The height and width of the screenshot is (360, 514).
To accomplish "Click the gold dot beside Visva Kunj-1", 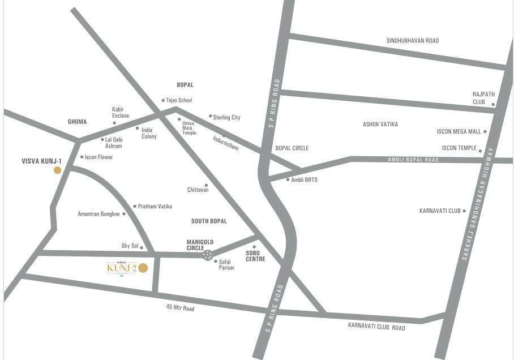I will click(x=57, y=170).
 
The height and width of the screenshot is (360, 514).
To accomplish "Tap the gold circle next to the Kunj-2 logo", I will click(x=143, y=268).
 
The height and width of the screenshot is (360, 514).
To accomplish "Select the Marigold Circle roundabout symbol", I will click(x=208, y=255).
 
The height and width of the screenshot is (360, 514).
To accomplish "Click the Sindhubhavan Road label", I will click(x=412, y=41).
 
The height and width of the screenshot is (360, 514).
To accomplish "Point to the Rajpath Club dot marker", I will click(x=493, y=104).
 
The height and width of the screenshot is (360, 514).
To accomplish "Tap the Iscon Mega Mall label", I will click(x=459, y=132).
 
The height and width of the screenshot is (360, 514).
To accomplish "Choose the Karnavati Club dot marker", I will click(x=464, y=211).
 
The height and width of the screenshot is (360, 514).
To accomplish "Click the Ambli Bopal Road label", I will click(x=413, y=160).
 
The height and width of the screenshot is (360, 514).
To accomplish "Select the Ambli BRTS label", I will click(x=304, y=180).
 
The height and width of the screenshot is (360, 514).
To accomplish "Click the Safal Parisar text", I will click(x=226, y=264).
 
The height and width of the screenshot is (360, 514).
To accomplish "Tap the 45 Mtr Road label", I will click(x=180, y=308).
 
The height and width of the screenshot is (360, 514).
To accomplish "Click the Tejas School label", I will click(x=179, y=100).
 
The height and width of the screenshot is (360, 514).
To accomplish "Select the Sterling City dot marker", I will click(x=210, y=116).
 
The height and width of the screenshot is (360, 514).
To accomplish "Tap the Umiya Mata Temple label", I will click(x=189, y=127).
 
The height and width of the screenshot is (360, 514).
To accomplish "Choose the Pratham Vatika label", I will click(x=155, y=207).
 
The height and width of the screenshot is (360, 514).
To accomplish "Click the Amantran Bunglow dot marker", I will click(x=124, y=214).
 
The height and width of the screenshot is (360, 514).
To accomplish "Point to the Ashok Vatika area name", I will click(x=380, y=124).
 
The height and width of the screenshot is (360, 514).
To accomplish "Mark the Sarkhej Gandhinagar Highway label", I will click(x=474, y=204).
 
